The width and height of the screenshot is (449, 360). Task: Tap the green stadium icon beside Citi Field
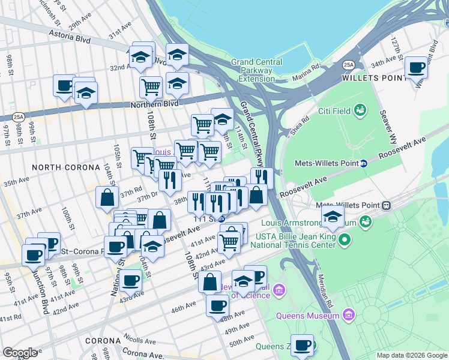tap(360, 110)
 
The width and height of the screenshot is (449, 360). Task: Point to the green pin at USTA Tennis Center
tap(344, 241)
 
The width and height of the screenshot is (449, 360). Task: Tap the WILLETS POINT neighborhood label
tap(371, 78)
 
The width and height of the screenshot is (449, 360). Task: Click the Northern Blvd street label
tap(155, 104)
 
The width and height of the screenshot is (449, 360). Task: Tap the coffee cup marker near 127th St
tap(416, 68)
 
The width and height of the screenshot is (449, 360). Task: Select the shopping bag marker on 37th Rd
tap(107, 197)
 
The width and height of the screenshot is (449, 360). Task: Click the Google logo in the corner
tap(20, 353)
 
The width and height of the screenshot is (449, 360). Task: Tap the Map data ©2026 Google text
tap(412, 355)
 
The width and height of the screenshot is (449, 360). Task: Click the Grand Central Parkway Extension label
tap(256, 70)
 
